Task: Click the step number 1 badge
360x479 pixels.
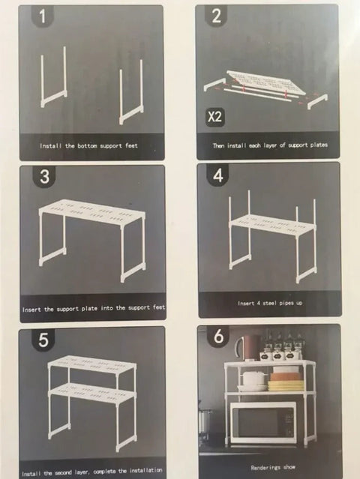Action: (x=43, y=16)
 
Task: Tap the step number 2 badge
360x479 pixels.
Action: (x=216, y=16)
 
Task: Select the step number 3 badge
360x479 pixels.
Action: (x=44, y=177)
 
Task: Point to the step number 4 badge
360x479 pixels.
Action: (x=217, y=175)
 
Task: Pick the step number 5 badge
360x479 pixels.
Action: (x=43, y=340)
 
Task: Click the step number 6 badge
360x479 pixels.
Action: (x=218, y=337)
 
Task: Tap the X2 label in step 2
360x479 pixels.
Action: (x=214, y=117)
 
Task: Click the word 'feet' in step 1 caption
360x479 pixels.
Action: (x=131, y=145)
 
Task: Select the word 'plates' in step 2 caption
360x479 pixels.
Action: (x=319, y=145)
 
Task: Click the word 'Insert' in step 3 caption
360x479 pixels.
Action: (x=31, y=310)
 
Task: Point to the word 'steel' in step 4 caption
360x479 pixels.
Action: (x=268, y=303)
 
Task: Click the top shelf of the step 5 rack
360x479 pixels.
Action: (x=91, y=364)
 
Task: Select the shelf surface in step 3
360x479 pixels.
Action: (x=92, y=211)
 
